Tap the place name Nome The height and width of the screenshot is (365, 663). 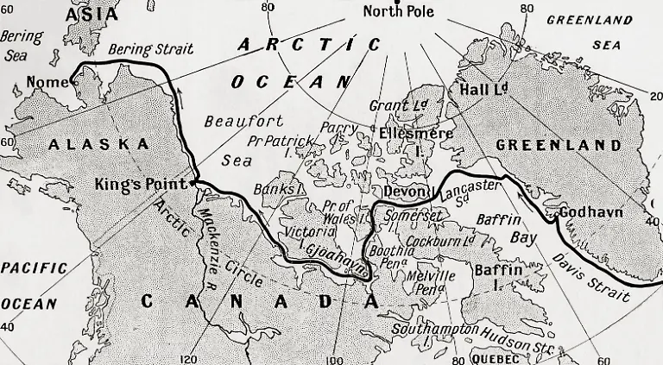point(47,82)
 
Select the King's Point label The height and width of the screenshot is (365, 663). point(143,184)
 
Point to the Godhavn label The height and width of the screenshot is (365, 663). point(591,212)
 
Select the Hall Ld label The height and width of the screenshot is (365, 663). point(483,88)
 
